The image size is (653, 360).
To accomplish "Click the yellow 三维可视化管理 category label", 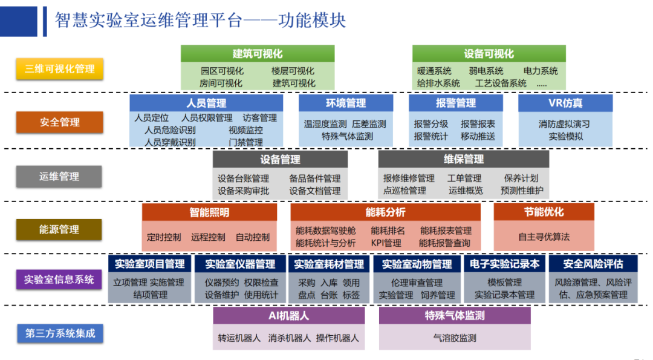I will (59, 69).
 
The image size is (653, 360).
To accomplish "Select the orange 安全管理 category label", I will (59, 122).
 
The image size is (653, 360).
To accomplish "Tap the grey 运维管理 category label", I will (59, 177).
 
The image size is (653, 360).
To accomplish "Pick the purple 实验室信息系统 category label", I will (59, 280).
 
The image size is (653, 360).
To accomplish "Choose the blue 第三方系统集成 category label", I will (59, 333).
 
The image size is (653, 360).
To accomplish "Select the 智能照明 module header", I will (209, 212).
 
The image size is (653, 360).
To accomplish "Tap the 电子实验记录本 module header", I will (504, 264).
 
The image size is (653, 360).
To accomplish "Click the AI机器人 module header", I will (288, 316).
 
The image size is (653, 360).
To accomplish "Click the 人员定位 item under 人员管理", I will (151, 118).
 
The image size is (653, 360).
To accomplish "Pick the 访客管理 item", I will (259, 118).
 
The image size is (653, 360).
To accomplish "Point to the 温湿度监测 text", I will (325, 124).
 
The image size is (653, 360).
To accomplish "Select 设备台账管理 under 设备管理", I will (243, 178).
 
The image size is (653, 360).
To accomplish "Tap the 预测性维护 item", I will (522, 191).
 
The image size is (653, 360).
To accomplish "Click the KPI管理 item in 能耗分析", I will (386, 243).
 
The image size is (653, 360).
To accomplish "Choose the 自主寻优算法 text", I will (544, 237).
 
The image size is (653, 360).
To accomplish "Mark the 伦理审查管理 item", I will (417, 283).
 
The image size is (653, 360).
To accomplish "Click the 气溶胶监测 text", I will (455, 338).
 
